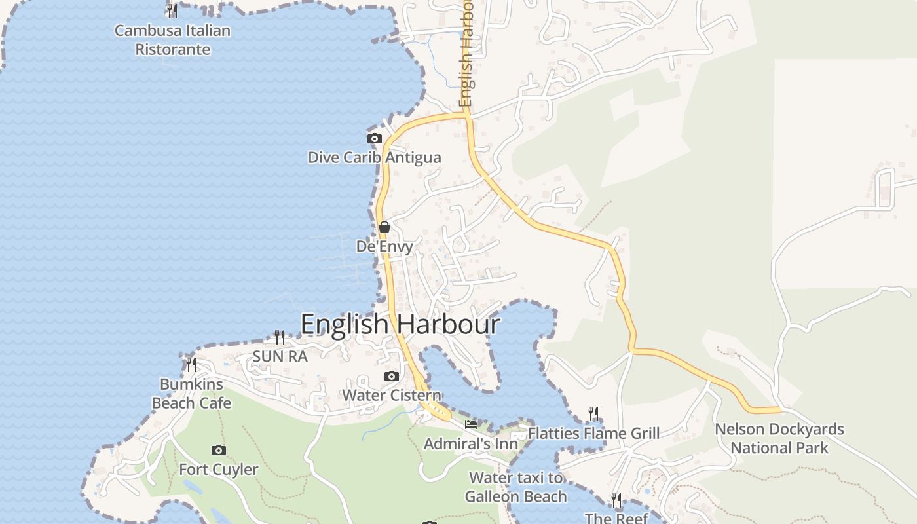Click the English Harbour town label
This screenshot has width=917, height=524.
point(400,325)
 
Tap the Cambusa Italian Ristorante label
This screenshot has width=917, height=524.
point(173,40)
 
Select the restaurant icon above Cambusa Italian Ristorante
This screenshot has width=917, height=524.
point(172,10)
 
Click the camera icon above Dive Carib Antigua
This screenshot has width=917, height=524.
point(375,138)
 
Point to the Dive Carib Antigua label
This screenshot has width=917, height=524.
point(375,158)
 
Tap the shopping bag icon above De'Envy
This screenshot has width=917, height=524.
point(384,227)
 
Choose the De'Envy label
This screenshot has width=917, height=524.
point(384,247)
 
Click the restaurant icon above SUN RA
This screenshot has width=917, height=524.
point(280,337)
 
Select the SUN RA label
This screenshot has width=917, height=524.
point(280,356)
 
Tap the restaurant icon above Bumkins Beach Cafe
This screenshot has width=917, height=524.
point(191,364)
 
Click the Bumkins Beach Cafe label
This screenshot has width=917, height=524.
point(191,394)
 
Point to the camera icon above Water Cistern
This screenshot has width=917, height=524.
point(392,376)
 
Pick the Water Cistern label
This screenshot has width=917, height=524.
point(392,396)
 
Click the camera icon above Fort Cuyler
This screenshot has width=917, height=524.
point(219,450)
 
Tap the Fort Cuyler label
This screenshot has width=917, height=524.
point(219,470)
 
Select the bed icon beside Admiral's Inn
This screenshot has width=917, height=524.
point(471,424)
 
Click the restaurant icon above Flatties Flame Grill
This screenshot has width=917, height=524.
point(593,413)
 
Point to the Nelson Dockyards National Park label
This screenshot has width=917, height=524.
point(779,439)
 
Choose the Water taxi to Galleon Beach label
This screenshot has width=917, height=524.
point(516,487)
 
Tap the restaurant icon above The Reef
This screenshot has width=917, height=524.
point(616,500)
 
